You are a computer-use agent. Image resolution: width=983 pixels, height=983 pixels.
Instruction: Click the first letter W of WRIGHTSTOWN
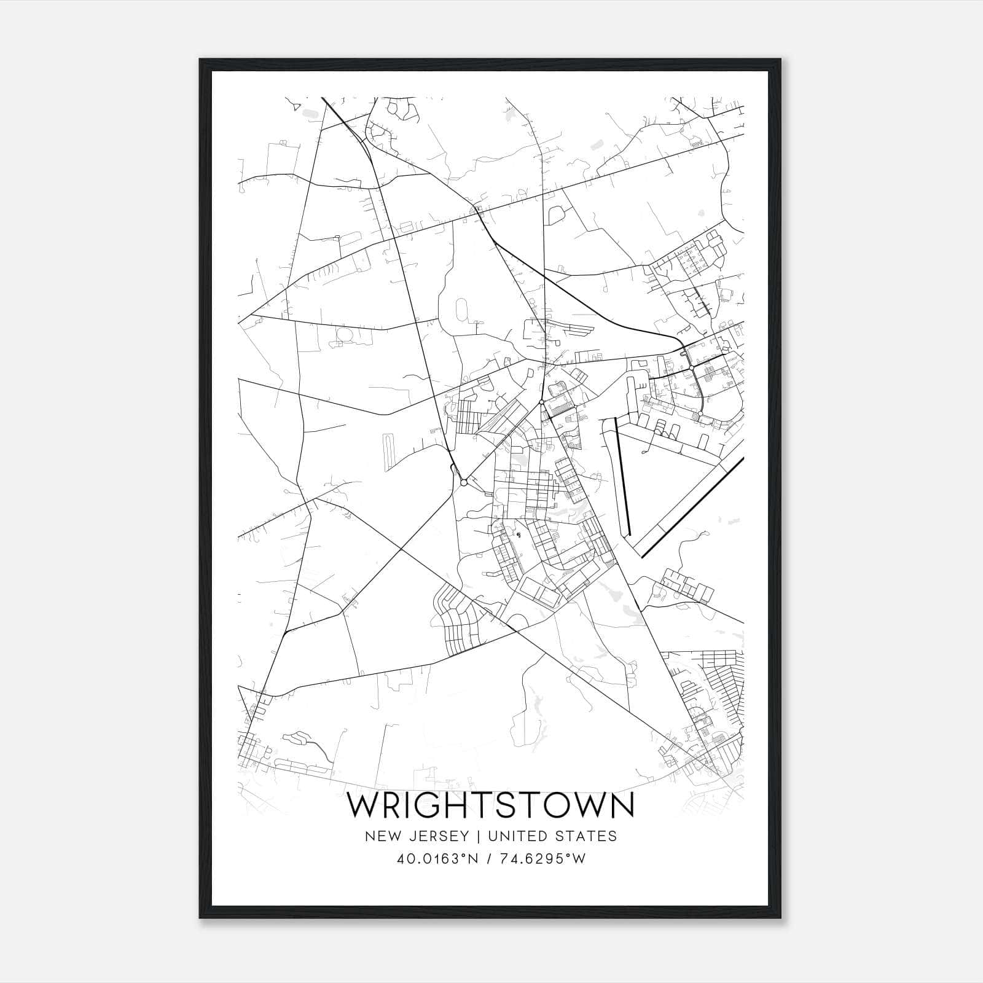(364, 806)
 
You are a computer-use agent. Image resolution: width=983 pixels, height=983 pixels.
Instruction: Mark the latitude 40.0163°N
(437, 859)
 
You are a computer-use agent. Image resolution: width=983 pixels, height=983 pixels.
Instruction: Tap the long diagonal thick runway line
(693, 507)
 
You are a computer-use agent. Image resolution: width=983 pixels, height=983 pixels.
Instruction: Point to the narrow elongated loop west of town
(388, 452)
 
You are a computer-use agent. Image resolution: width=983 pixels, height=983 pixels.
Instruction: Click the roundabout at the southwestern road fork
(464, 483)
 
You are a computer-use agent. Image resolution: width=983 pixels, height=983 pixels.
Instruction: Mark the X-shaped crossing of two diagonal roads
(401, 549)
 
